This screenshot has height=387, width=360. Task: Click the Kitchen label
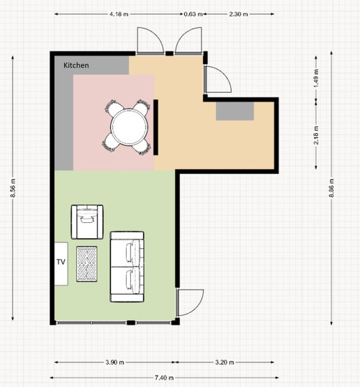[76, 65]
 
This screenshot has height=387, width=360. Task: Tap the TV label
[61, 262]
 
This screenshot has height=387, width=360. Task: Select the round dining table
[129, 127]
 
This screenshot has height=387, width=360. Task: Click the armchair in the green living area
[87, 222]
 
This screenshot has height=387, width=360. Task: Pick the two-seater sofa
[127, 267]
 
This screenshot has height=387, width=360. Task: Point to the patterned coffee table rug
[86, 264]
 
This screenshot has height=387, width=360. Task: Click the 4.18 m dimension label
[119, 14]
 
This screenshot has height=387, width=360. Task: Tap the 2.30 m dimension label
[238, 14]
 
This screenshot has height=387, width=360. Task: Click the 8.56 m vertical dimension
[13, 188]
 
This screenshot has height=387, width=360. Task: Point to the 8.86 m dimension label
[331, 188]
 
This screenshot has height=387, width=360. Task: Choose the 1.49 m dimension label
[316, 78]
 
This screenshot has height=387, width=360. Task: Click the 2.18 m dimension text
[316, 135]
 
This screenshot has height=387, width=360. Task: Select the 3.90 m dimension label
[115, 363]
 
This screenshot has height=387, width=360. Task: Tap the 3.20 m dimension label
[225, 363]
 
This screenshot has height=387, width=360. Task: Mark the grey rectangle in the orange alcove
[235, 111]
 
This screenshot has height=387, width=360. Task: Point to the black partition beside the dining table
[156, 127]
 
